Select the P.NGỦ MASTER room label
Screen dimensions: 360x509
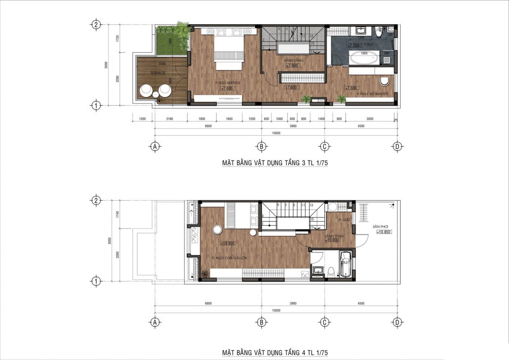(x=227, y=83)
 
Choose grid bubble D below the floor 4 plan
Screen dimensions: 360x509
(x=397, y=322)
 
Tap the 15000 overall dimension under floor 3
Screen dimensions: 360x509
(x=276, y=133)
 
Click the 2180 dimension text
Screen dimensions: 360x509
(x=169, y=120)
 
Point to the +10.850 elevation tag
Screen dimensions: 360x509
(x=383, y=232)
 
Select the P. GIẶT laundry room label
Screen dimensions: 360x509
(x=344, y=220)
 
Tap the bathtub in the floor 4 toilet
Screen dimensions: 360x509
(x=346, y=263)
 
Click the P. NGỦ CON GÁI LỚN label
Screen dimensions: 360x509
(x=230, y=258)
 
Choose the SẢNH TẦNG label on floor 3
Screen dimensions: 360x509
(x=293, y=60)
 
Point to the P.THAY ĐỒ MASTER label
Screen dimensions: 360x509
(x=372, y=94)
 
